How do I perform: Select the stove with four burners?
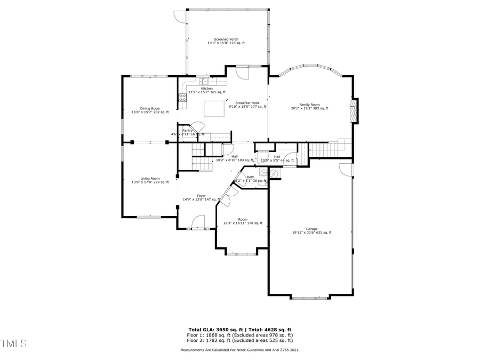[182, 98]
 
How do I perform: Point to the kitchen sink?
[203, 82]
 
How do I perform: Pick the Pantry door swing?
[198, 127]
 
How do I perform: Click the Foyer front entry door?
[198, 222]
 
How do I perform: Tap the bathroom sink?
[263, 173]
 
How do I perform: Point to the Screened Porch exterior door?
[180, 17]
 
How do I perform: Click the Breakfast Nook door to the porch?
[242, 73]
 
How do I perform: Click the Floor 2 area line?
[239, 340]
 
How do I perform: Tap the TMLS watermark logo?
[13, 343]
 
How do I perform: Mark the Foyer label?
[201, 196]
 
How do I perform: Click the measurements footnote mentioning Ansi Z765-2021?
[239, 350]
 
